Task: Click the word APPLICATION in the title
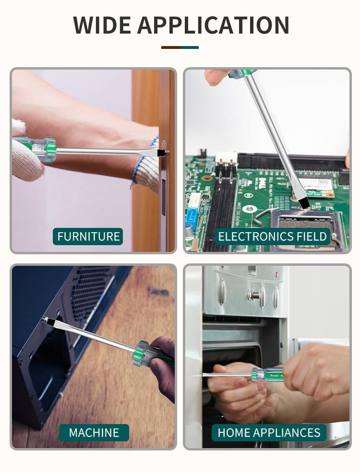tap(213, 25)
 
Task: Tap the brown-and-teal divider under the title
tap(180, 47)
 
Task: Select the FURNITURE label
tap(88, 237)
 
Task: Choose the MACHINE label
tap(94, 433)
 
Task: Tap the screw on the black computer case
tap(46, 319)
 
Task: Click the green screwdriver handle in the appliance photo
tap(267, 375)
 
